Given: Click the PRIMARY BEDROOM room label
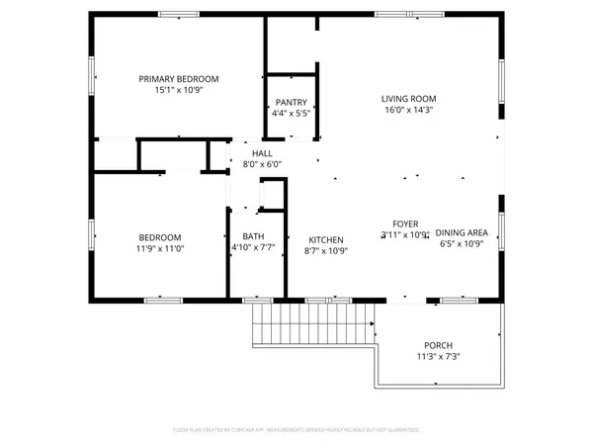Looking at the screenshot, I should tap(179, 79).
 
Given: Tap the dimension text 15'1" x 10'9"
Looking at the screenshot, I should tap(179, 91).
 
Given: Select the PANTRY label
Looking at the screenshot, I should tap(291, 102).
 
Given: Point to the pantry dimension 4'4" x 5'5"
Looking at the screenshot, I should tap(291, 114).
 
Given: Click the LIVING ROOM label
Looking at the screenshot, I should tap(409, 99).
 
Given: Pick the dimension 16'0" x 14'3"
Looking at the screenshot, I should tap(409, 111).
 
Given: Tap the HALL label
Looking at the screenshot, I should tap(262, 153).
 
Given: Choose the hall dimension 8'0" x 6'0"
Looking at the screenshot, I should tap(262, 165).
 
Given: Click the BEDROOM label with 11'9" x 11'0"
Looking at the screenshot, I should tap(159, 237).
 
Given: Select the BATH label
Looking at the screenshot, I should tap(253, 237).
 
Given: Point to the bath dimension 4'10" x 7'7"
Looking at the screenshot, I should tap(253, 249).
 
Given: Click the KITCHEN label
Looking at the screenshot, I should tap(326, 240).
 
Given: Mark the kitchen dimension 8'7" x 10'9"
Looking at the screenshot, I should tap(326, 251).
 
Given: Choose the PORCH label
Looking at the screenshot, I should tap(439, 345).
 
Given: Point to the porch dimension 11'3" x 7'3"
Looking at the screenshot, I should tap(439, 357).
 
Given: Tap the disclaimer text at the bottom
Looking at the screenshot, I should tap(296, 431).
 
